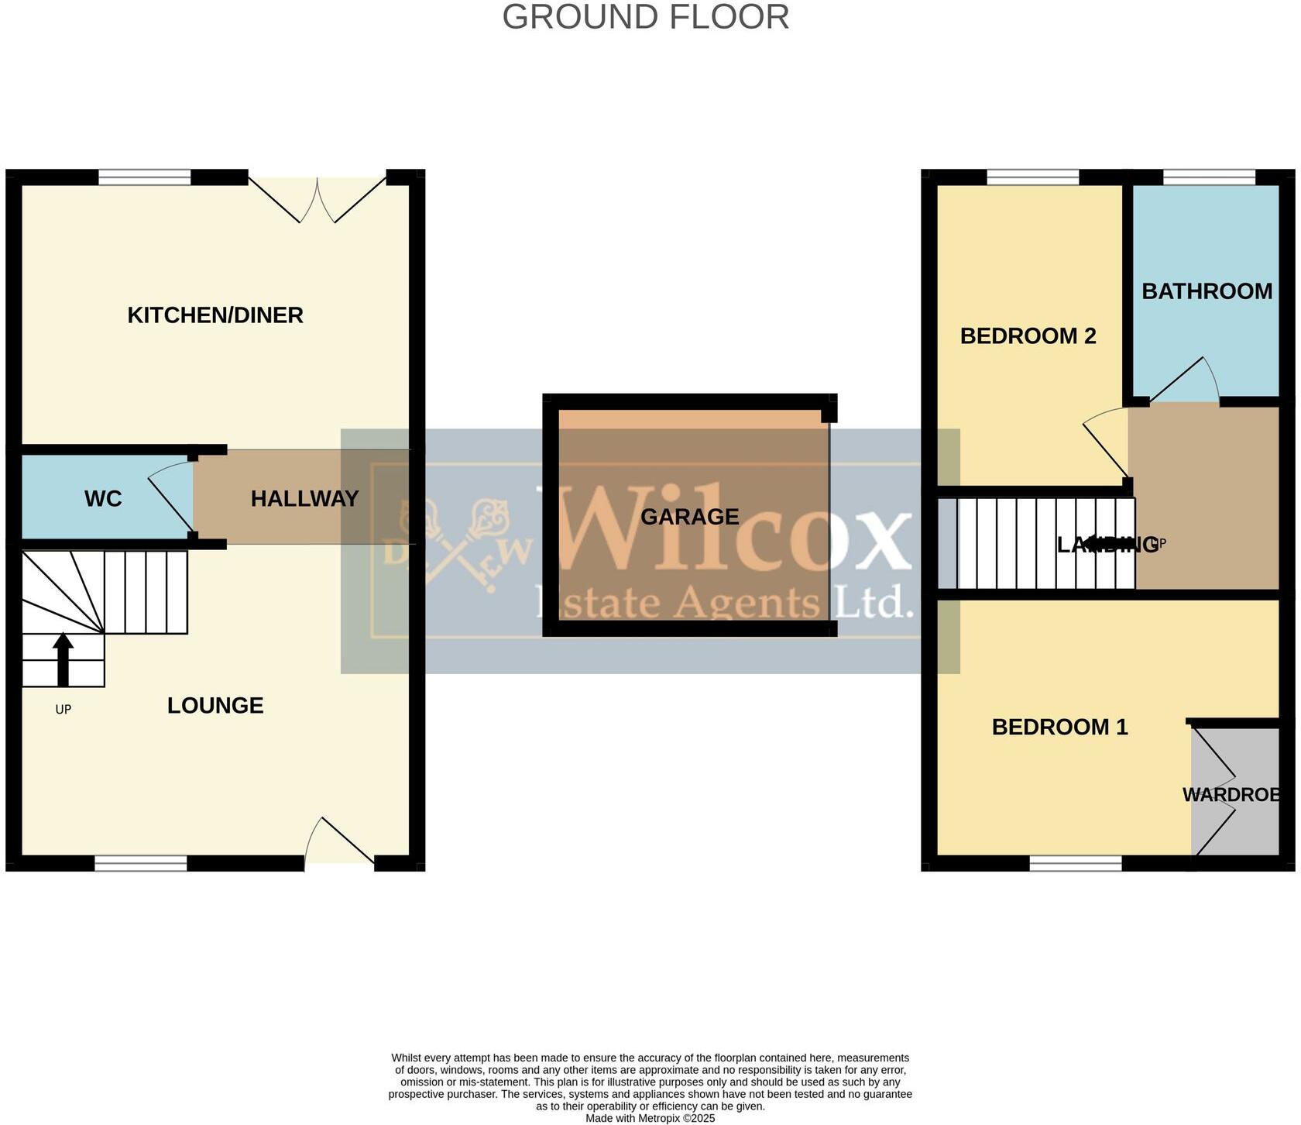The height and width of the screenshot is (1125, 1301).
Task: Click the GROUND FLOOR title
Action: click(x=645, y=17)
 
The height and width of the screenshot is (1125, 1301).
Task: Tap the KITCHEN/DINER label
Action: click(x=215, y=315)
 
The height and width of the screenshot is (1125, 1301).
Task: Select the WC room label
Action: click(x=103, y=499)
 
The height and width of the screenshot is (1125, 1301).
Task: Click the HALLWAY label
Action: click(x=304, y=499)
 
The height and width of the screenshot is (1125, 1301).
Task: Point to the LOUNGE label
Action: click(x=215, y=706)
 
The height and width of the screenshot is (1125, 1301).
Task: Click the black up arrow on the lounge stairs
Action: click(x=63, y=659)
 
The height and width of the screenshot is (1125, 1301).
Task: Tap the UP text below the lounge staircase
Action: click(x=63, y=710)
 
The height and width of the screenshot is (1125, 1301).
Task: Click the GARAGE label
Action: click(x=689, y=517)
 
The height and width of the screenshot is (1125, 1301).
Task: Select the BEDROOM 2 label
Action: click(x=1028, y=336)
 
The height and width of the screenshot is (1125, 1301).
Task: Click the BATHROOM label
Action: click(x=1207, y=291)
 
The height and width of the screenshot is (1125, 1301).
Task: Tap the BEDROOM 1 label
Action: click(x=1059, y=728)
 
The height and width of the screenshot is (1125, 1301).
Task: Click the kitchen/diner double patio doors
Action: click(x=318, y=198)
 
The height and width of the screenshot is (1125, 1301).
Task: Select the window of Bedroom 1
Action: click(x=1075, y=863)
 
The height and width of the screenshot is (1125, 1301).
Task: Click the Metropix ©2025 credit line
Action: click(x=650, y=1118)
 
